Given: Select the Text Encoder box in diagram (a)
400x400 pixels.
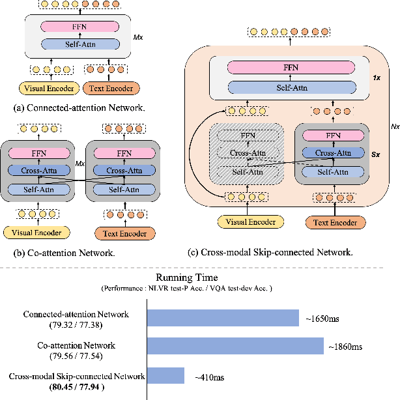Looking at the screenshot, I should (110, 89).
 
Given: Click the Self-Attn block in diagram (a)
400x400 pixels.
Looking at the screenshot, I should (80, 44).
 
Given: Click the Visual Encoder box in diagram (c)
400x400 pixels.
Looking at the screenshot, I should (250, 222).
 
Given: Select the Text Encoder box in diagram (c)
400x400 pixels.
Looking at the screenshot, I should (336, 222).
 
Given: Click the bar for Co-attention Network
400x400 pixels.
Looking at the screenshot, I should (236, 346).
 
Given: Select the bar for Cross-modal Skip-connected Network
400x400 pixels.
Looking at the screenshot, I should (166, 375).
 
